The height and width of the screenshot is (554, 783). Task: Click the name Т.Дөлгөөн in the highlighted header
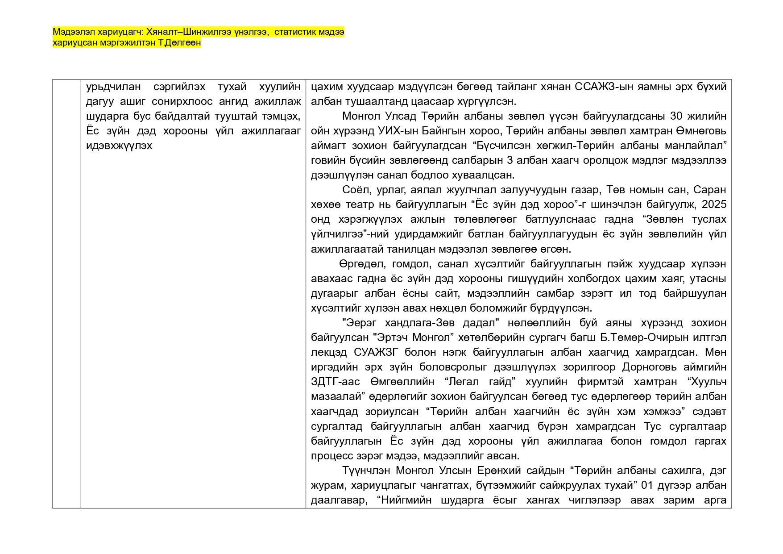tap(183, 43)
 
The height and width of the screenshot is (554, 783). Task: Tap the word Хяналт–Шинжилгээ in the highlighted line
tap(188, 32)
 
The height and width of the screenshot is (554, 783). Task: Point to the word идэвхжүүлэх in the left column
tap(119, 146)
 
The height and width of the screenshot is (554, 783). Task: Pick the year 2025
tap(714, 204)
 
